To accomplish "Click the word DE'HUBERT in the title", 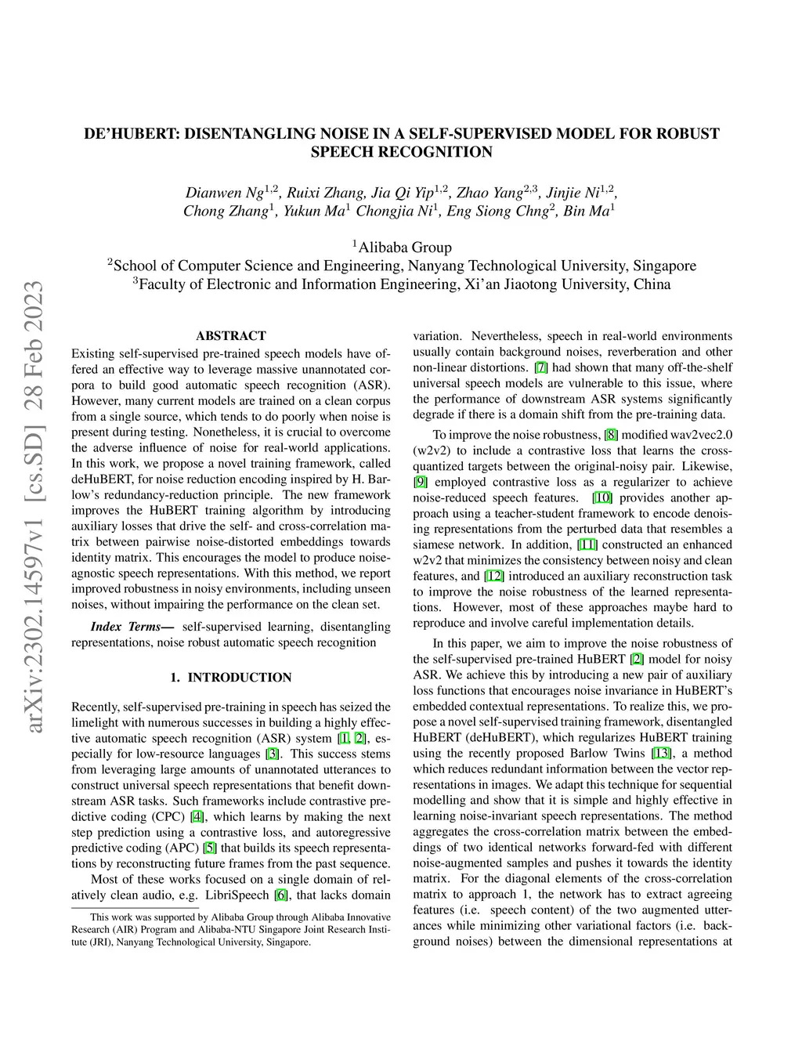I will pyautogui.click(x=132, y=134).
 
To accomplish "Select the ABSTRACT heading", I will pyautogui.click(x=231, y=336).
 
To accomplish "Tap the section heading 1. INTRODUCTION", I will pyautogui.click(x=231, y=678).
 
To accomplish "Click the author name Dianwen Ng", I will pyautogui.click(x=224, y=193).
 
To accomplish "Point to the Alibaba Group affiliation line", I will pyautogui.click(x=402, y=248).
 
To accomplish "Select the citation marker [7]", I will pyautogui.click(x=541, y=367).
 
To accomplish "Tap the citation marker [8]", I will pyautogui.click(x=611, y=435).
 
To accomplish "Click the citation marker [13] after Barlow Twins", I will pyautogui.click(x=662, y=753).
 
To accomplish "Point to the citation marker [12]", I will pyautogui.click(x=494, y=576).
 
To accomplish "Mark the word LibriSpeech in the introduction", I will pyautogui.click(x=238, y=895).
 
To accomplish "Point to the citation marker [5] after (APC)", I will pyautogui.click(x=209, y=848).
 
